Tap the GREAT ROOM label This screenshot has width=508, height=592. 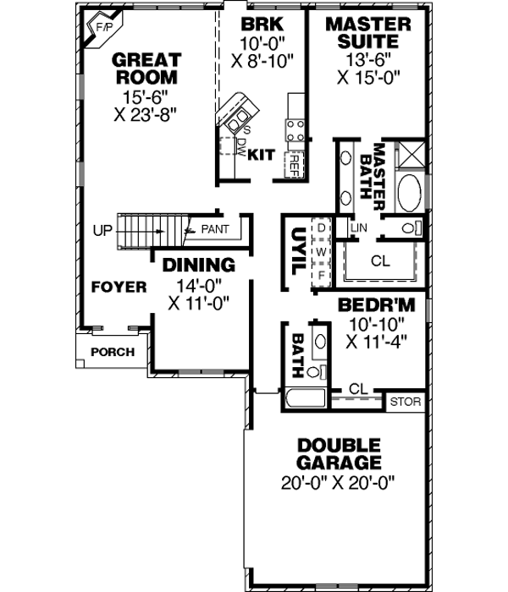pos(146,69)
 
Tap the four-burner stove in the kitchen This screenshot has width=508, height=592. pos(295,129)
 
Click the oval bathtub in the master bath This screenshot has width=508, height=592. pos(410,192)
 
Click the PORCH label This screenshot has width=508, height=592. pos(112,352)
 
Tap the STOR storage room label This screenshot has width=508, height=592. pos(405,402)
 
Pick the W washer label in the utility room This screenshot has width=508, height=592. pos(322,252)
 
